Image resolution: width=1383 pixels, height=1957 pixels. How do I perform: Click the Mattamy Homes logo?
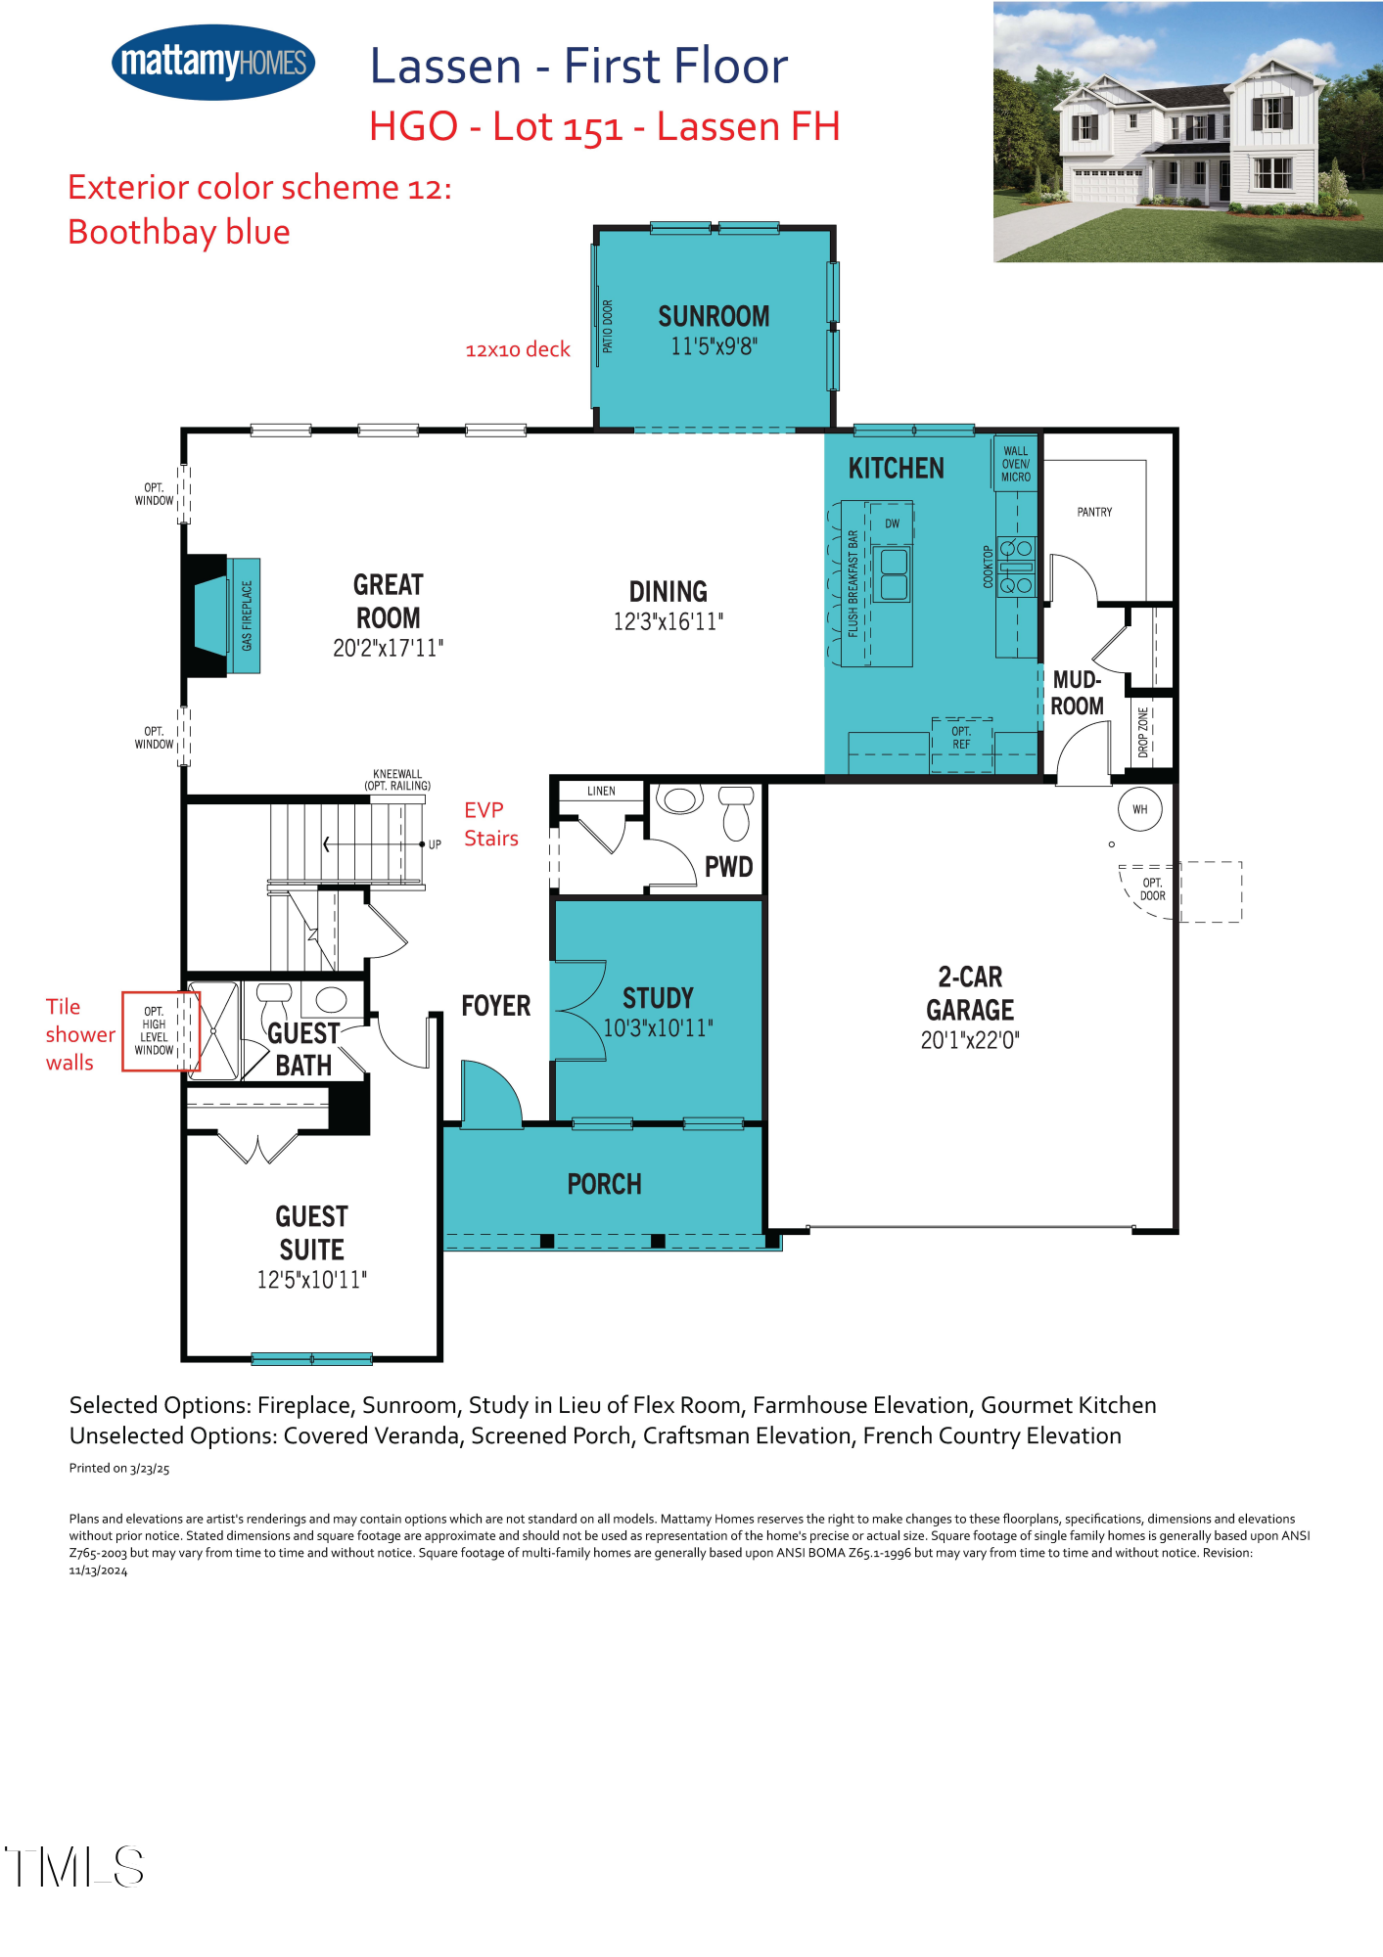[x=213, y=63]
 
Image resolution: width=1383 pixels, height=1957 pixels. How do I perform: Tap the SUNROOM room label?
[x=714, y=317]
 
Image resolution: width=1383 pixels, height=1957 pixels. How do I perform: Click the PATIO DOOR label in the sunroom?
[x=608, y=327]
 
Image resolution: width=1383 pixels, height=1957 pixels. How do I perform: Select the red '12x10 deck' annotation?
[x=517, y=350]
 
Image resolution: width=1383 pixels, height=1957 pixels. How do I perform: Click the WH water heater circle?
[x=1139, y=809]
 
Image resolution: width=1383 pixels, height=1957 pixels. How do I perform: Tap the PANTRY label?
[x=1094, y=512]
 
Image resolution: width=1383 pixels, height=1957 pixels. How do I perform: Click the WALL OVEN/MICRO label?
[x=1016, y=465]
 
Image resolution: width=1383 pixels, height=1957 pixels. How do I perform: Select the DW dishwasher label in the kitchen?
[x=892, y=523]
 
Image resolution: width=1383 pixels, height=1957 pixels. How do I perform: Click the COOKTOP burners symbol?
[x=1016, y=567]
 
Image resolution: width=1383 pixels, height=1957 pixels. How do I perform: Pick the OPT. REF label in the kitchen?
[x=961, y=738]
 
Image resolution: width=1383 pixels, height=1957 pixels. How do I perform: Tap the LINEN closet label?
[x=601, y=791]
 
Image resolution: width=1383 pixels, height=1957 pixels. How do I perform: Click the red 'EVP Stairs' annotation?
[x=490, y=824]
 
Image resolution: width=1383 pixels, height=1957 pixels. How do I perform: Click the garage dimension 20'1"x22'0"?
[x=969, y=1040]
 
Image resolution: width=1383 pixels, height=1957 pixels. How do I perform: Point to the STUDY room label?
[x=658, y=999]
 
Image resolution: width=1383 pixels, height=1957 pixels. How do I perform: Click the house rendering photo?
[x=1187, y=132]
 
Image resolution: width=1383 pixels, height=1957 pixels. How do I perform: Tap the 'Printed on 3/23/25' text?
[x=119, y=1468]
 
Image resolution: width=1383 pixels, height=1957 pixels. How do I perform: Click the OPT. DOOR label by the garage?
[x=1152, y=889]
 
